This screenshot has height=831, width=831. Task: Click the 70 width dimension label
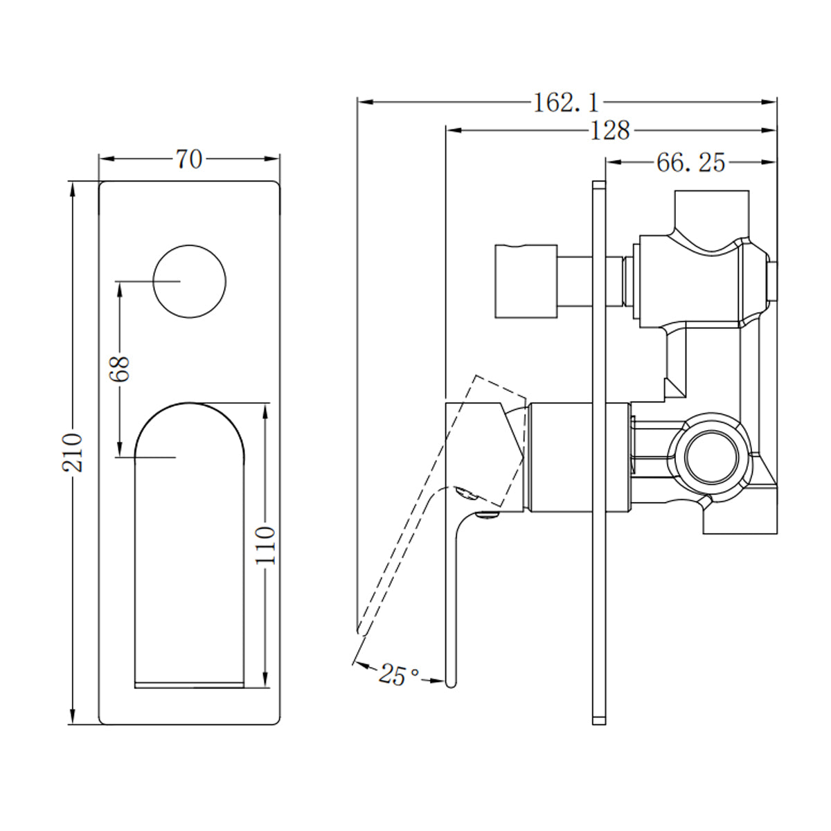[188, 159]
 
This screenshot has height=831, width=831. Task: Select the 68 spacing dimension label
[120, 368]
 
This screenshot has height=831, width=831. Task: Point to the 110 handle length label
[265, 545]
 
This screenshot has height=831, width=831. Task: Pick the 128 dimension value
[610, 129]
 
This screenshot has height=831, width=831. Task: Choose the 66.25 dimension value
[690, 162]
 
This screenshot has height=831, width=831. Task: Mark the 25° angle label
[399, 674]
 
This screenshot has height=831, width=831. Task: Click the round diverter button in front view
[189, 281]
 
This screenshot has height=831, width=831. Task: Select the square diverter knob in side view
[526, 280]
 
